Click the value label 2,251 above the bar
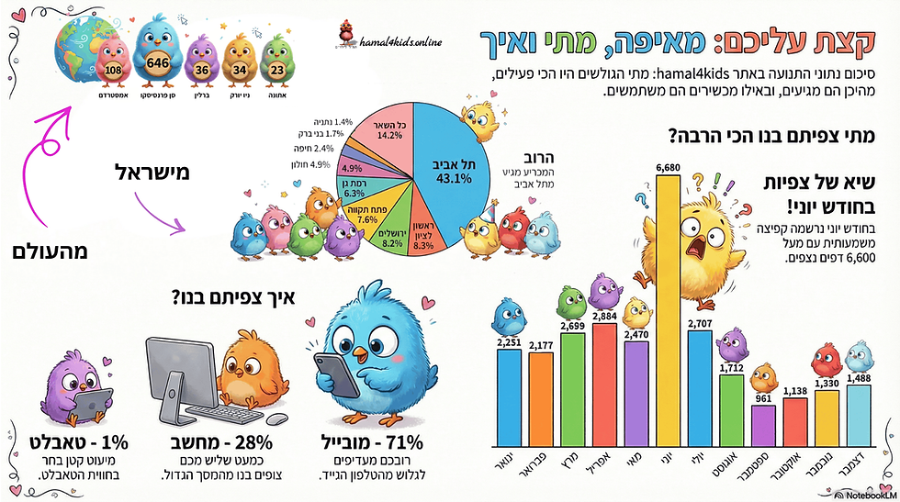tap(509, 343)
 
